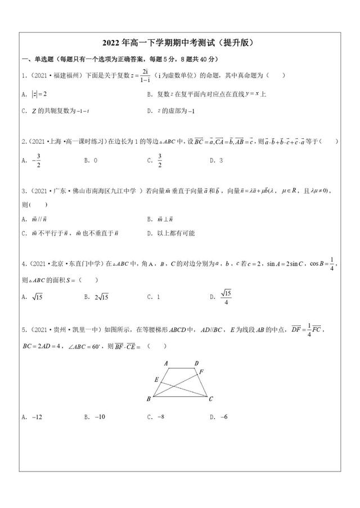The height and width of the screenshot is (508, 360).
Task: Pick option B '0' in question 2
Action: pos(91,160)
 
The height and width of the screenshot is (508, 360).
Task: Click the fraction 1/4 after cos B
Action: pos(331,263)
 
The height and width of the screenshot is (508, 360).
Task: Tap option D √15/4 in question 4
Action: pos(221,296)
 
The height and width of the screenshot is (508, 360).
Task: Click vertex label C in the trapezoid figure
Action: pos(210,400)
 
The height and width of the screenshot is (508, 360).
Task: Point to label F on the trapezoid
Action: pos(202,371)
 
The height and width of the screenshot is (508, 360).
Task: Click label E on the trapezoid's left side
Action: pos(156,380)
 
